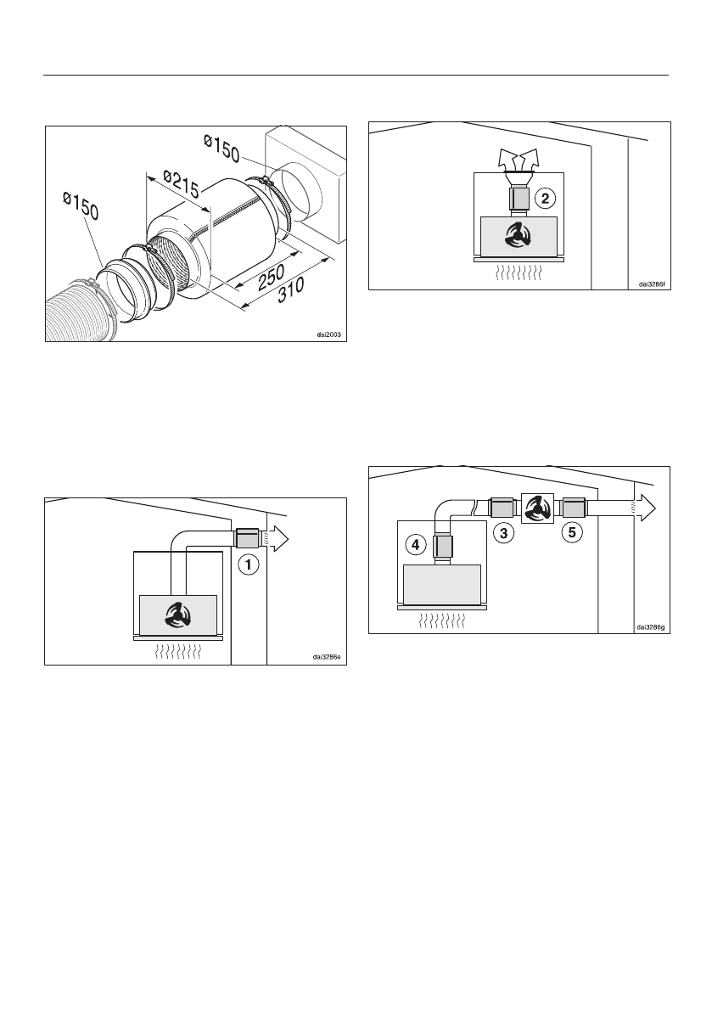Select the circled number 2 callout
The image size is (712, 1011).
coord(547,199)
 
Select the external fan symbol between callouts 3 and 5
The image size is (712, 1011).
coord(536,508)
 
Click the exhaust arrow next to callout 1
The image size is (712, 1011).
coord(277,536)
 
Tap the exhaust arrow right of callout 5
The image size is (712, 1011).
coord(642,508)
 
